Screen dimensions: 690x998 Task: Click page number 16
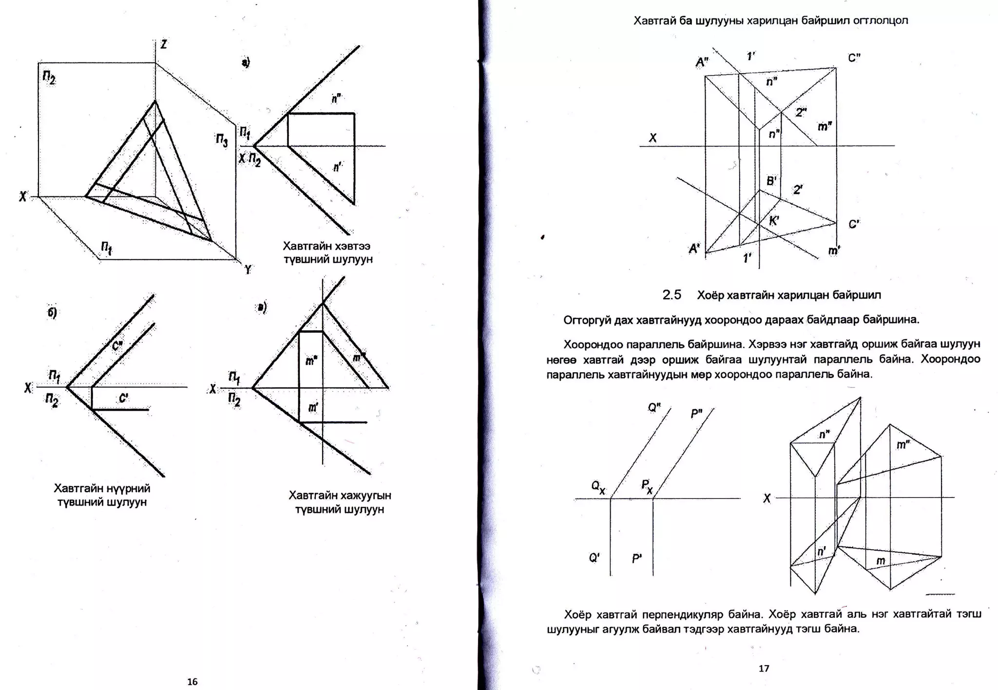192,681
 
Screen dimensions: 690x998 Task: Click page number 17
764,668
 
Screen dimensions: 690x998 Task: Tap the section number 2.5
672,295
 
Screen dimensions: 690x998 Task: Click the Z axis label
164,44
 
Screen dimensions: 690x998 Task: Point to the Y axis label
248,269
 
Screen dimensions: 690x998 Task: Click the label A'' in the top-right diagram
702,62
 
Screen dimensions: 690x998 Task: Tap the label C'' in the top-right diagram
854,58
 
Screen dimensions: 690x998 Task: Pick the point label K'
774,221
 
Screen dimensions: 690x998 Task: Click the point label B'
771,181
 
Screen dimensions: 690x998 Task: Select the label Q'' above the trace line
654,407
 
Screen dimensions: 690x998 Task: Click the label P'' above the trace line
696,414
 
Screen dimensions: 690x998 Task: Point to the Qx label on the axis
598,486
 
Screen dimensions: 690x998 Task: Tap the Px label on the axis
647,486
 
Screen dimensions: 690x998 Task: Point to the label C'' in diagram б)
117,345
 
